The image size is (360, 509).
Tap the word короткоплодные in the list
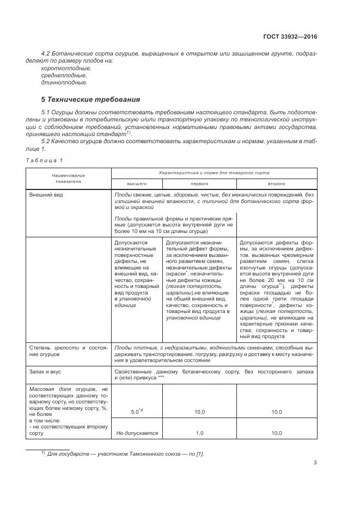point(66,68)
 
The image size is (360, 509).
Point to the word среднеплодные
point(64,75)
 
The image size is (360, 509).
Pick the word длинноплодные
point(64,83)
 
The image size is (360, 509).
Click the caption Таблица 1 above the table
point(45,160)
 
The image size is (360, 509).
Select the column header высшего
point(137,183)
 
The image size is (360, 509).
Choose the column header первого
point(199,183)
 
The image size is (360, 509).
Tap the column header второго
point(276,183)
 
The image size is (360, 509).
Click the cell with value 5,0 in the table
point(137,412)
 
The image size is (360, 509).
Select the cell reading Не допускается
point(137,433)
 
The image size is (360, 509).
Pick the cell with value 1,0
point(199,433)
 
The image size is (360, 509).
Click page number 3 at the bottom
point(315,463)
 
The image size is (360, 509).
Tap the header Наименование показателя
point(69,179)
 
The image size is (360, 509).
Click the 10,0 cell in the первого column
point(199,412)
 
